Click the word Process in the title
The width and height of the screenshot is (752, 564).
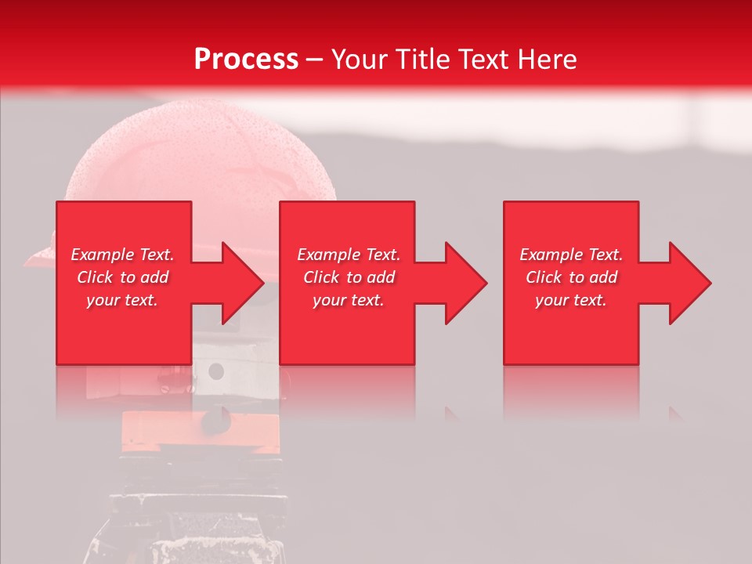click(246, 60)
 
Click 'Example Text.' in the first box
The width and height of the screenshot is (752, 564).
click(122, 255)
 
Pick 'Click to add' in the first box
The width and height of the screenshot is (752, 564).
click(122, 277)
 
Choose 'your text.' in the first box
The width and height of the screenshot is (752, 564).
click(122, 300)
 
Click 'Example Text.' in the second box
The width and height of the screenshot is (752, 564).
click(349, 255)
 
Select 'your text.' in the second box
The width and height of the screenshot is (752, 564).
click(349, 300)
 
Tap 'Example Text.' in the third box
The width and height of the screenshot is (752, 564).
click(571, 255)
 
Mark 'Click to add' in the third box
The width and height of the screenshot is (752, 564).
click(571, 277)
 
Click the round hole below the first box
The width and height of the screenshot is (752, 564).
click(216, 371)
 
